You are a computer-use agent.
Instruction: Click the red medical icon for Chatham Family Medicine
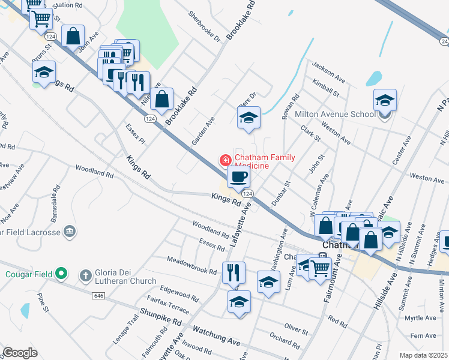pos(225,160)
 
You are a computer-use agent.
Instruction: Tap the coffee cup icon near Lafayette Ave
pos(238,177)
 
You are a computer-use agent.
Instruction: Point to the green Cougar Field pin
pos(61,274)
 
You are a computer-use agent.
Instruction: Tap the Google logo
pos(20,353)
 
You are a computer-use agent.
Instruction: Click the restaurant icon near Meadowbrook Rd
pos(234,272)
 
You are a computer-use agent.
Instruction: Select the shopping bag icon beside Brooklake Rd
pos(162,100)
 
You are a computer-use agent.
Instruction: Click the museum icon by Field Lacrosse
pos(70,232)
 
